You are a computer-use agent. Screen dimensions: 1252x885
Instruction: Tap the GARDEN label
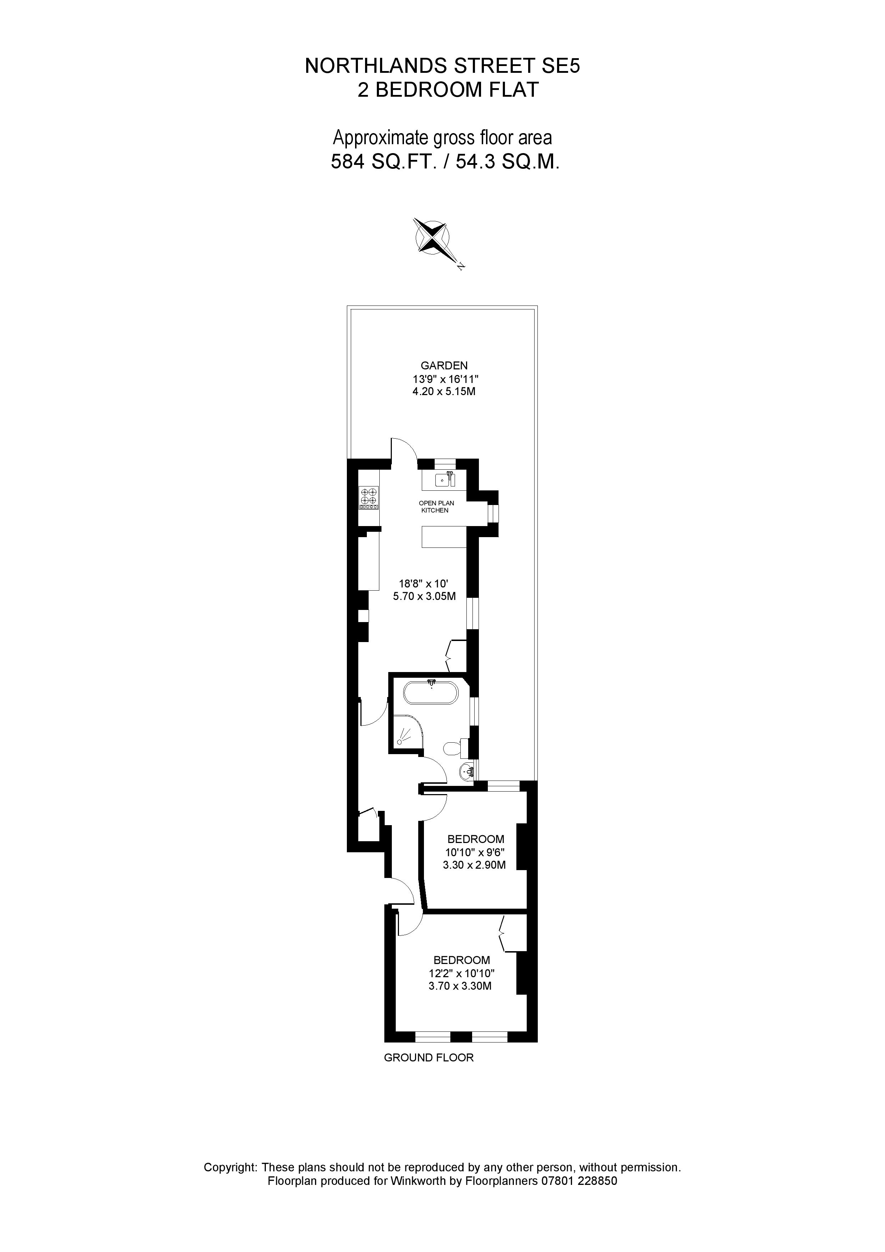(444, 365)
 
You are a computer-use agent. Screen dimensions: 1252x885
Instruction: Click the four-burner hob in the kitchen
(369, 498)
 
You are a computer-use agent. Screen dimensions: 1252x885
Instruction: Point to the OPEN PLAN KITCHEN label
(436, 506)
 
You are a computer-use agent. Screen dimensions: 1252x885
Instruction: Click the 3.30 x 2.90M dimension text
(474, 865)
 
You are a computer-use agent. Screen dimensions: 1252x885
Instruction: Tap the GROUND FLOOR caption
(429, 1058)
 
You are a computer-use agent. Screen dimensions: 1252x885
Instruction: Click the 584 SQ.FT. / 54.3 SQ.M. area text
(445, 162)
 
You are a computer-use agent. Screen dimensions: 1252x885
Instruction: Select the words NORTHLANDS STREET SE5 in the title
(442, 66)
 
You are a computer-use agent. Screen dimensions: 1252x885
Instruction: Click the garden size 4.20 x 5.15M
(444, 392)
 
